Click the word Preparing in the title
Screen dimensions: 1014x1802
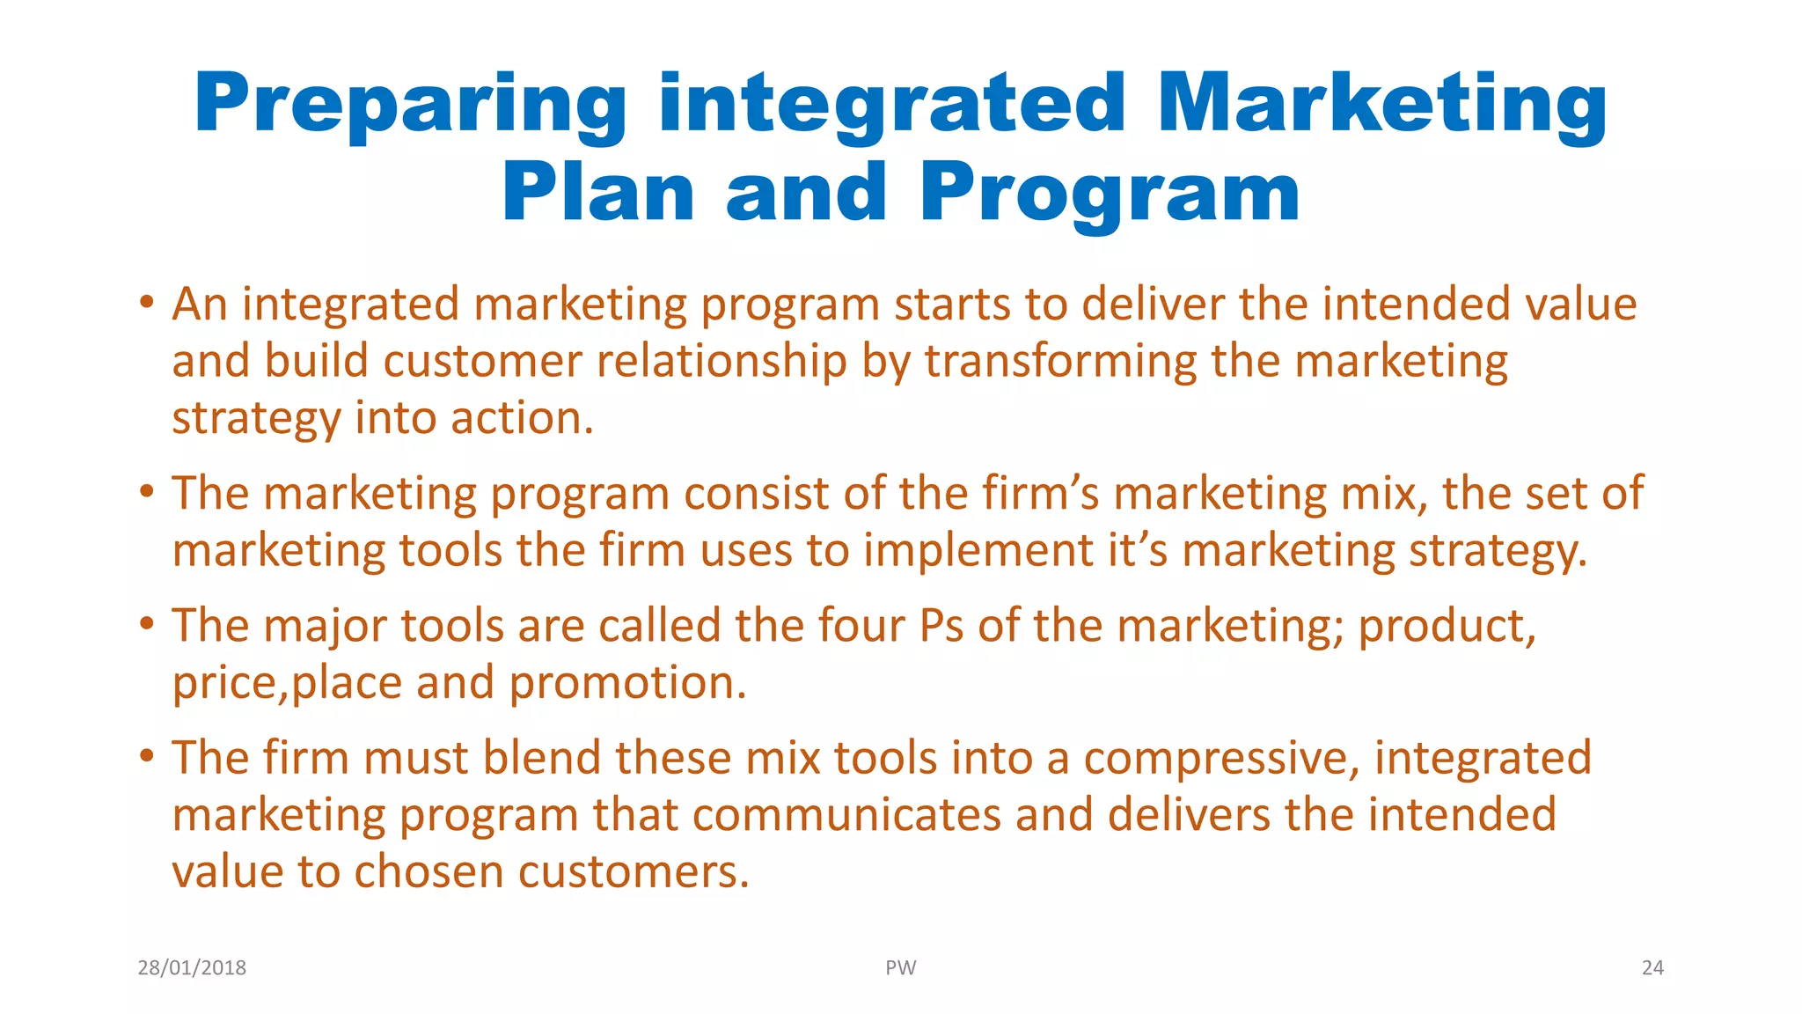[410, 104]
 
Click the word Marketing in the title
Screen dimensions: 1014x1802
[1382, 104]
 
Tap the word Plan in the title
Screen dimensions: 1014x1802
[597, 193]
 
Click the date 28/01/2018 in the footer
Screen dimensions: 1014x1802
[192, 967]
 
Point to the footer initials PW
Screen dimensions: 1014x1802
[900, 967]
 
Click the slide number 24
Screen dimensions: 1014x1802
[1652, 967]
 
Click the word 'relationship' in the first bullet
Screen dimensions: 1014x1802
[722, 362]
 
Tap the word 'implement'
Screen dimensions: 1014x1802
[977, 551]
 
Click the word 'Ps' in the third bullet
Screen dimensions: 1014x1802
[941, 626]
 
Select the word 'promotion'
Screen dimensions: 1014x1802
[627, 683]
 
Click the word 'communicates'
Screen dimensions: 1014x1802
[846, 815]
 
